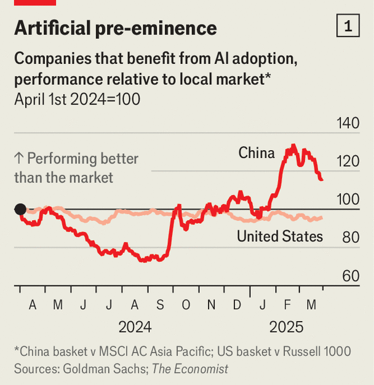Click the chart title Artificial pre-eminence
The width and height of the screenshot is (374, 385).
115,28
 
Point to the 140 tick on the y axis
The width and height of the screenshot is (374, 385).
348,123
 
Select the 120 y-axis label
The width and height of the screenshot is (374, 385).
348,161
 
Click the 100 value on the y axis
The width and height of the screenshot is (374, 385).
348,199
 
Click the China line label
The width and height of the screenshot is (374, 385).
257,153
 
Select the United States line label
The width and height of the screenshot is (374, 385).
280,236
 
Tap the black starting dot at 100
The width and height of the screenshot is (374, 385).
20,209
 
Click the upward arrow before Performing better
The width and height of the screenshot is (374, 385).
18,159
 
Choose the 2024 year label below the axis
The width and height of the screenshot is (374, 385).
135,327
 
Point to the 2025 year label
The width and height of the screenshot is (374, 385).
286,327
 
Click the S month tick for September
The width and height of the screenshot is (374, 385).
160,304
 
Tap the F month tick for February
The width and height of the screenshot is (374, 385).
288,304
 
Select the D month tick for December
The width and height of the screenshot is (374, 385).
237,304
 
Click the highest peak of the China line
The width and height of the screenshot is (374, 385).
293,146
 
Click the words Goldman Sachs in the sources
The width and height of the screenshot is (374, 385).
101,369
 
